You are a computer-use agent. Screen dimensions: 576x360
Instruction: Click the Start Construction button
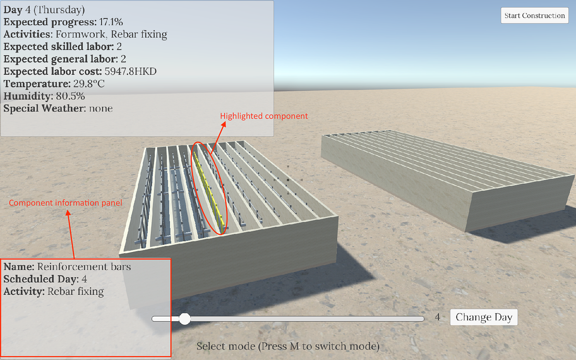point(534,15)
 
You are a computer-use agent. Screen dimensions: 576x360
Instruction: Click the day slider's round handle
point(184,318)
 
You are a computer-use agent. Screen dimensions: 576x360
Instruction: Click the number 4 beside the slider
point(437,317)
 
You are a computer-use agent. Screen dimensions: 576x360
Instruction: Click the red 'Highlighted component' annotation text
point(264,116)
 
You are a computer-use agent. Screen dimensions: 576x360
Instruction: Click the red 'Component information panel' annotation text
point(65,203)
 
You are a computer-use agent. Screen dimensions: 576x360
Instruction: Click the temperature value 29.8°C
point(89,84)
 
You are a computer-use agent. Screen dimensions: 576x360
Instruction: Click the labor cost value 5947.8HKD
point(131,72)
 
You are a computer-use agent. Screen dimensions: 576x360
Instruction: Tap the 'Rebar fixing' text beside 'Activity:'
point(75,291)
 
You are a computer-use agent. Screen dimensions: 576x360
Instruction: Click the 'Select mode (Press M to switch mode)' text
point(288,346)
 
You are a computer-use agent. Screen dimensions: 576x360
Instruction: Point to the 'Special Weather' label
point(43,108)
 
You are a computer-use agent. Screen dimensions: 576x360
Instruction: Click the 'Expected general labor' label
point(60,59)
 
